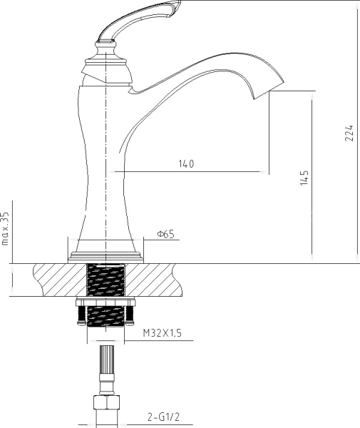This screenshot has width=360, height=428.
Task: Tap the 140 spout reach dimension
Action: (186, 164)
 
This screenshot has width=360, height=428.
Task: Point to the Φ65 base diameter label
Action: (165, 234)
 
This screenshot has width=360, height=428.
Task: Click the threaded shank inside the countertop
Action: (106, 279)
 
